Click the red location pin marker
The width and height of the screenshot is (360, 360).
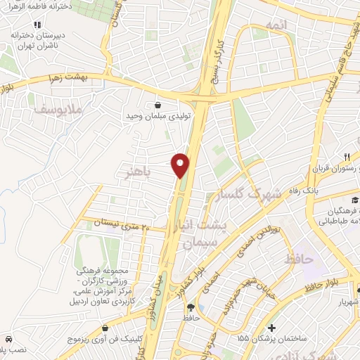pos(181,165)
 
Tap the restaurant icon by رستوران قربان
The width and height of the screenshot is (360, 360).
pos(346,157)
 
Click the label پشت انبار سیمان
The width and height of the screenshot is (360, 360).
pos(202,231)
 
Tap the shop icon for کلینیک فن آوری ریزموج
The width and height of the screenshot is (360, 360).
pos(105,328)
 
